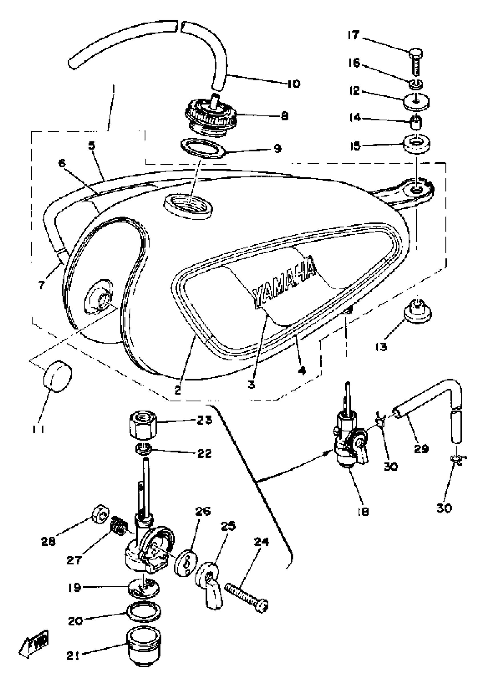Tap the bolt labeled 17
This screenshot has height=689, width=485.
416,63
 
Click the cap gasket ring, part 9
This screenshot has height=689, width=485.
203,148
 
